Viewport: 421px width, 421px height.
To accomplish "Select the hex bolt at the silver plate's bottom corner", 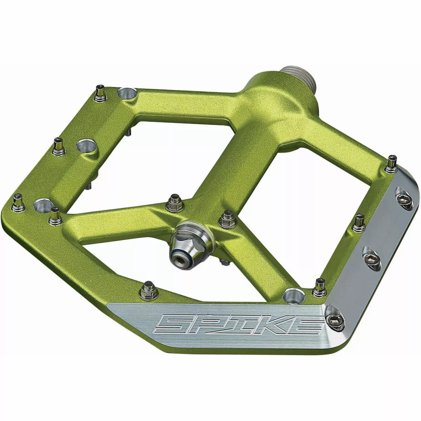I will click(333, 319).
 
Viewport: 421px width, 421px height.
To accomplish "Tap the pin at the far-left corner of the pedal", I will click(18, 202).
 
